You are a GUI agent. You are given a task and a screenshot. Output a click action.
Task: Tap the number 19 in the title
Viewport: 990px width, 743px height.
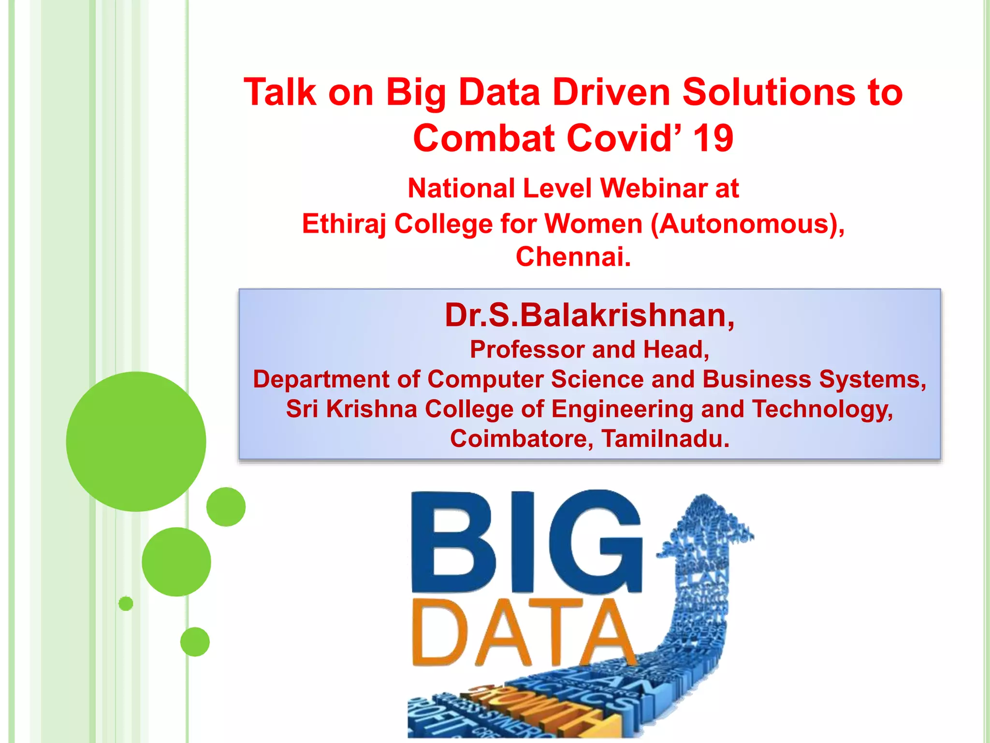(713, 138)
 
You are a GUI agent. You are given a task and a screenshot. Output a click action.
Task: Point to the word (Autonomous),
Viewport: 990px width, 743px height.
(747, 224)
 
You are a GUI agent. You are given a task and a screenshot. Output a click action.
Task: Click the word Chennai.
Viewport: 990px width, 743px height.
(573, 256)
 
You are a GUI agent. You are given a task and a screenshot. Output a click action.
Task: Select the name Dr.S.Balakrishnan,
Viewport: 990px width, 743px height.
(590, 315)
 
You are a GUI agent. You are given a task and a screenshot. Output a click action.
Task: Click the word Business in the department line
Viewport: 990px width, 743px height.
(757, 379)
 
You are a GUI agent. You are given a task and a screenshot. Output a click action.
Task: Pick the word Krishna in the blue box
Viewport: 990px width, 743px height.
(371, 409)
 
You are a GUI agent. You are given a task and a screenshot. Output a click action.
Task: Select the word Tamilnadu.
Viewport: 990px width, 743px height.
(665, 439)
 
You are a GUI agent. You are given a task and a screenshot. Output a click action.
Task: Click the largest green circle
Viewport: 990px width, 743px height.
(136, 441)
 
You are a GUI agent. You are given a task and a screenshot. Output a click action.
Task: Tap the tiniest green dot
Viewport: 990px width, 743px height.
(126, 604)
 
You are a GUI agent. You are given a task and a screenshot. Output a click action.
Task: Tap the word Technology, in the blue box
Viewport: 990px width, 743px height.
(822, 409)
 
